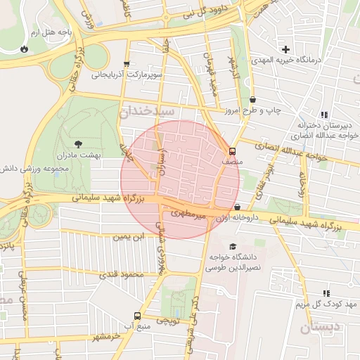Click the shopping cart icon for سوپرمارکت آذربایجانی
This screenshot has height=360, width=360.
tap(127, 64)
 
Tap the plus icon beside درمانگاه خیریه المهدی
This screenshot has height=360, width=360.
tap(285, 49)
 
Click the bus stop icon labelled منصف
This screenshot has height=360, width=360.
tap(233, 151)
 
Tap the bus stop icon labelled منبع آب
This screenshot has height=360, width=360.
tap(137, 316)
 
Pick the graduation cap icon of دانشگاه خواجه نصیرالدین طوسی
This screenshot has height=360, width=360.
tap(233, 245)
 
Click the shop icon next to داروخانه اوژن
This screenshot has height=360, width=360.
tap(237, 207)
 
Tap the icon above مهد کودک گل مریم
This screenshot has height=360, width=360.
tap(325, 292)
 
